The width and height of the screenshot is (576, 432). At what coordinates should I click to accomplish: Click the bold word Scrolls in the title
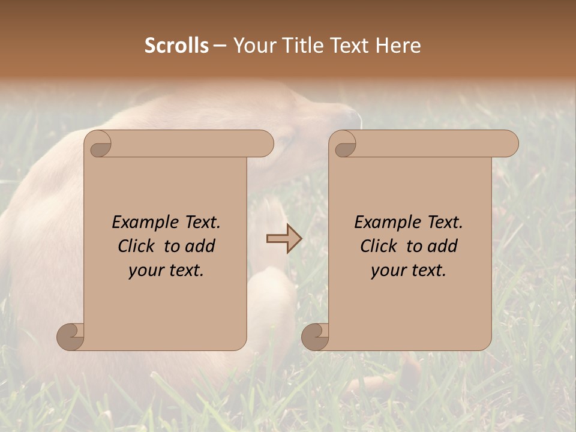(177, 46)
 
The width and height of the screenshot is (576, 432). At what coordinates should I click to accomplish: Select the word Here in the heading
(398, 46)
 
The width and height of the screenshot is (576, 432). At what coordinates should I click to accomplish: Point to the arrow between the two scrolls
(284, 239)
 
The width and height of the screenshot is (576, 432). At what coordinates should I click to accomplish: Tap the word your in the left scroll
(145, 271)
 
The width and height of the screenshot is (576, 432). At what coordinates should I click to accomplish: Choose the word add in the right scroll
(443, 246)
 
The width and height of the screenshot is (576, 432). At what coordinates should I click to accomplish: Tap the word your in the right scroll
(388, 271)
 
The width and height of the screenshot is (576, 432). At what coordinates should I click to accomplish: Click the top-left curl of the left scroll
(98, 144)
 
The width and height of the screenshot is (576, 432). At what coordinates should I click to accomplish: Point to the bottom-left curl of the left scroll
(70, 337)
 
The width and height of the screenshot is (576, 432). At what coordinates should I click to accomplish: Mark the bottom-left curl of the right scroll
(315, 337)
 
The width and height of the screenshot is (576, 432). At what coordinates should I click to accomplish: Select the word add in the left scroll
(200, 246)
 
